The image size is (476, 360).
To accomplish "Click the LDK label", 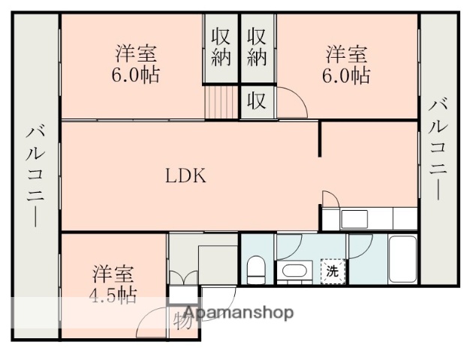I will (x=185, y=176).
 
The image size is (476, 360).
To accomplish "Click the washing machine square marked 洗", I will (x=331, y=271).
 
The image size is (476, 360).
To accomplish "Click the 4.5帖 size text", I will (x=113, y=295).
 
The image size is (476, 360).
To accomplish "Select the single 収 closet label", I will (x=257, y=101).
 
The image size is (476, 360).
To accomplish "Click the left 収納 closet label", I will (x=221, y=46).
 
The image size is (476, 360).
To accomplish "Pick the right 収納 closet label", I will (x=258, y=46).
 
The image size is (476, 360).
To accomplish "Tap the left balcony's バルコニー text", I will (x=35, y=175).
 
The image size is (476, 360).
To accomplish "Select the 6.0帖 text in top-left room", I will (x=137, y=75).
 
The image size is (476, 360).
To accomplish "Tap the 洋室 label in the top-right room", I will (x=347, y=54).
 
